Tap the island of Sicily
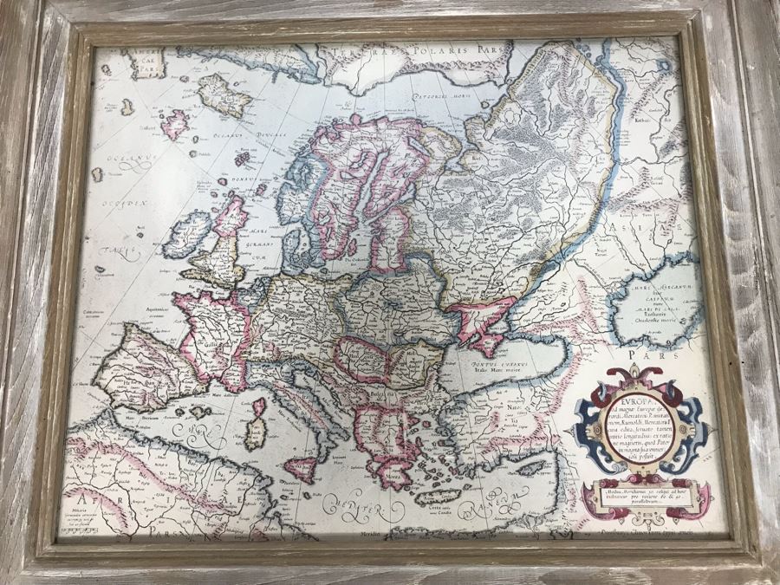pyautogui.click(x=300, y=468)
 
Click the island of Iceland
pyautogui.click(x=224, y=94)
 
